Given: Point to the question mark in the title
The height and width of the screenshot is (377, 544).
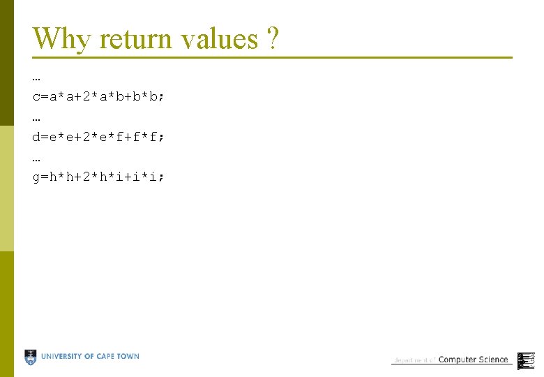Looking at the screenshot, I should tap(273, 39).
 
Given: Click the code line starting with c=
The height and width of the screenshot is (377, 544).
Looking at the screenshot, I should tap(98, 96).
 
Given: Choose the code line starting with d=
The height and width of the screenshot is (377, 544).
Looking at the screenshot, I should tap(98, 137).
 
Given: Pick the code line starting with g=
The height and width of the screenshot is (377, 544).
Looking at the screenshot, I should tap(98, 177).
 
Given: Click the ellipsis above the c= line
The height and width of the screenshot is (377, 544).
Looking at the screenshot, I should tap(36, 77).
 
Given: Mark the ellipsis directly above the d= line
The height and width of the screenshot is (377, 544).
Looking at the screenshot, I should tap(36, 118).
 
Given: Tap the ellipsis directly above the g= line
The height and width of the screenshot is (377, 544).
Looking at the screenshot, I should tap(36, 158).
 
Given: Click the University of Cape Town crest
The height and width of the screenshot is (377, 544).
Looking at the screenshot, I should tap(31, 357).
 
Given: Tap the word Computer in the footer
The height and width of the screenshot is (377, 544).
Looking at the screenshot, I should tap(458, 360).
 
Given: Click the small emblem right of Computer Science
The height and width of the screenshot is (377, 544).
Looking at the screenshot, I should tap(526, 360).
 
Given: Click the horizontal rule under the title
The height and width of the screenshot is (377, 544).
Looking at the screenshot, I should tap(272, 57).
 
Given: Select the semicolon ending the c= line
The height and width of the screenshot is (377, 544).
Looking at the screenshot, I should tap(162, 97).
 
